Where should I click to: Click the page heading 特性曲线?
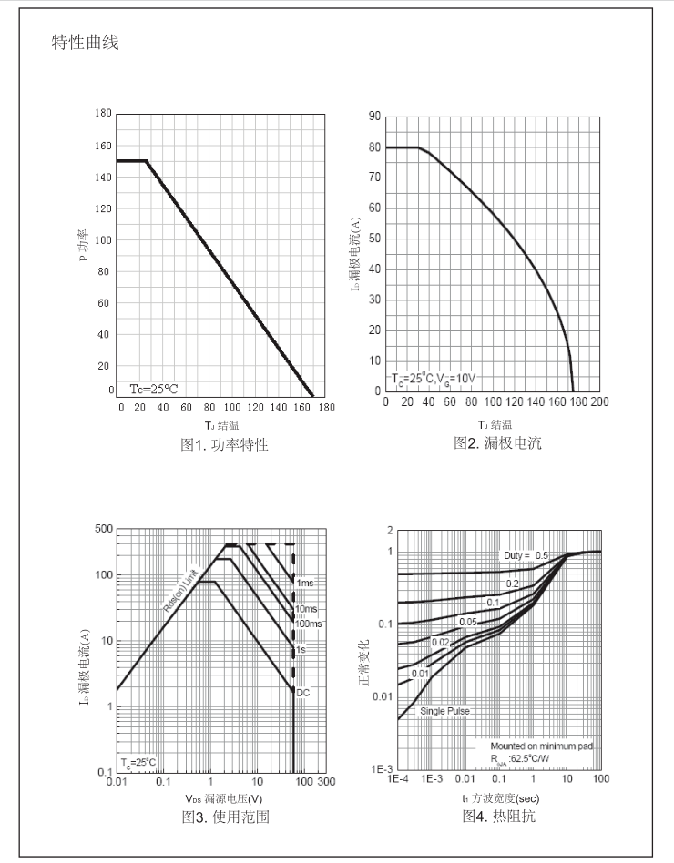coord(85,43)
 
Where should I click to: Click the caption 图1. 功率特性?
coord(224,445)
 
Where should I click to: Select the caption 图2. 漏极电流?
coord(496,443)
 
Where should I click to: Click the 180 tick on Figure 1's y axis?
coord(103,114)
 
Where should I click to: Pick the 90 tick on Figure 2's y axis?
coord(373,116)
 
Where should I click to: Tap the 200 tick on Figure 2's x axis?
coord(599,401)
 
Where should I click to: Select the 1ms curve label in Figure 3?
coord(305,583)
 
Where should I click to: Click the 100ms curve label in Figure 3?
coord(308,624)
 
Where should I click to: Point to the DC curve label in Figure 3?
coord(303,693)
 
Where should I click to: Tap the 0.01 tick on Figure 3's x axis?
coord(116,782)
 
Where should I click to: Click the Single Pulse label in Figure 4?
coord(445,710)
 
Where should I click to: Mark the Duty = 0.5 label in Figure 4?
coord(526,555)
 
